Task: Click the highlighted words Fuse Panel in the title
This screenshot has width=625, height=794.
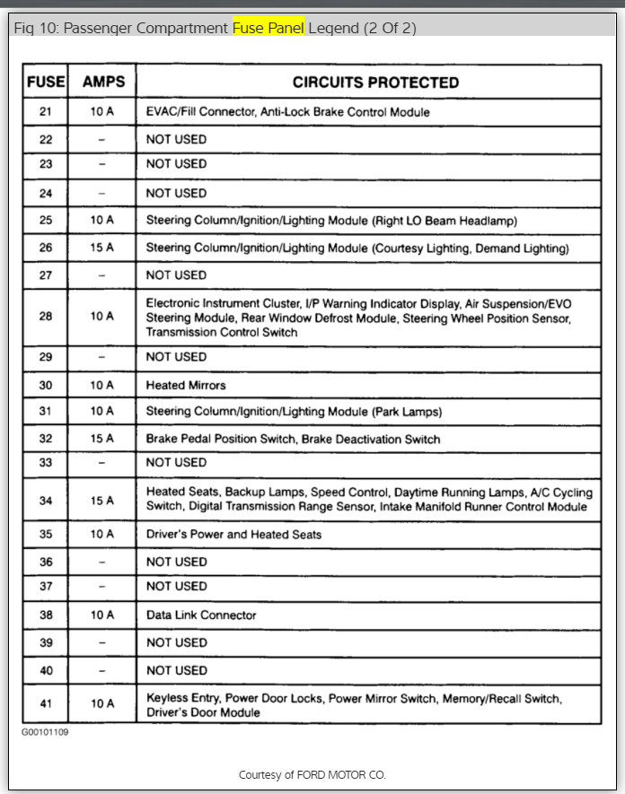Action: click(268, 28)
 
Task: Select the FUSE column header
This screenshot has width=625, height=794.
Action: click(46, 82)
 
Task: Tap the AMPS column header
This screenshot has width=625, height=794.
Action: click(103, 82)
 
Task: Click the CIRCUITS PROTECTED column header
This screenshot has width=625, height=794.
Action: click(375, 83)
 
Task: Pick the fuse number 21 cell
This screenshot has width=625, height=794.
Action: click(46, 112)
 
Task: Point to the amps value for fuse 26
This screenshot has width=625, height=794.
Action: click(102, 248)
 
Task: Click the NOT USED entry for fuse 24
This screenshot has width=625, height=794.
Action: click(176, 193)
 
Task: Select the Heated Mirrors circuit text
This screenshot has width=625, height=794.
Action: click(186, 385)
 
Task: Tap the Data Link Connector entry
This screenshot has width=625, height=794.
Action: click(201, 615)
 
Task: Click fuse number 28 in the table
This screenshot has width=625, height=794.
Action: click(46, 316)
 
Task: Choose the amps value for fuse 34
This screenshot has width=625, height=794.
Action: click(102, 501)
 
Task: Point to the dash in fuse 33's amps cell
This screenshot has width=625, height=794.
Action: click(102, 463)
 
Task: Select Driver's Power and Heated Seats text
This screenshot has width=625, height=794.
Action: click(233, 535)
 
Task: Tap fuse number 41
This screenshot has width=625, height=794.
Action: click(46, 704)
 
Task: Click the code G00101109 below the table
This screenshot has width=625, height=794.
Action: click(46, 732)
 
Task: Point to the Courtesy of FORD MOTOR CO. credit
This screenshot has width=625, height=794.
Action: click(312, 774)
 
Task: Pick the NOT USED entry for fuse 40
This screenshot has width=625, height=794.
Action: click(176, 670)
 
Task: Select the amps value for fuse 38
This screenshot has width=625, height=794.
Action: click(102, 615)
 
